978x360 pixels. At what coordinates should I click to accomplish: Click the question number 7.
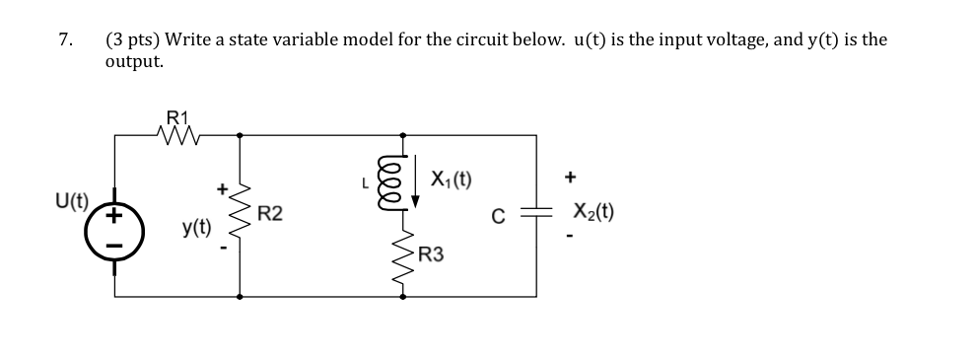point(64,40)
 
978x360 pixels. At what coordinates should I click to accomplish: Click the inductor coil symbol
point(401,183)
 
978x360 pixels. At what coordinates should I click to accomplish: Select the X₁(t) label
point(451,180)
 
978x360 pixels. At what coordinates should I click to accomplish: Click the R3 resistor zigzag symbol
point(401,254)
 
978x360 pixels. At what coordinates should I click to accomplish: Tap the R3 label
point(431,255)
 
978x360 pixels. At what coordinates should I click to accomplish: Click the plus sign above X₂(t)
point(571,180)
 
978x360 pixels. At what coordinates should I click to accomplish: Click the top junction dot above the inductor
point(401,134)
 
